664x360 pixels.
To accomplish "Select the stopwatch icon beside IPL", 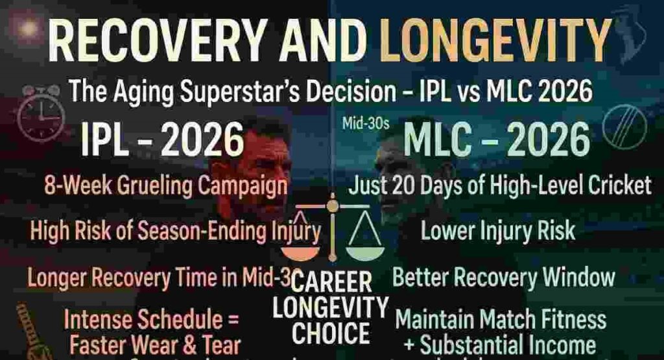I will click(x=40, y=115).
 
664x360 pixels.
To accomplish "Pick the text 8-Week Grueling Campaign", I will click(x=166, y=187).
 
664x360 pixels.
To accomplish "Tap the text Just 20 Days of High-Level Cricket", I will click(x=499, y=187).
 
